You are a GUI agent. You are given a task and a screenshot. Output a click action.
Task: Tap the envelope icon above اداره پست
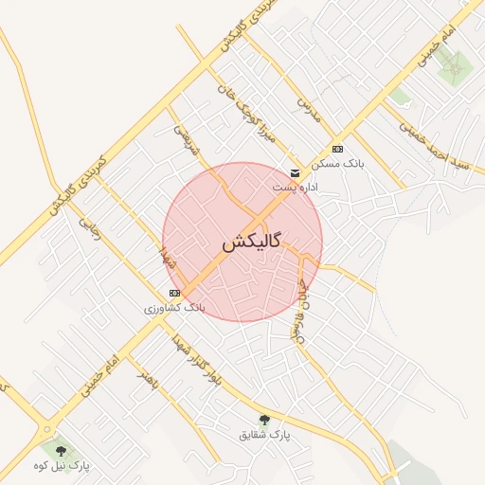click(x=296, y=172)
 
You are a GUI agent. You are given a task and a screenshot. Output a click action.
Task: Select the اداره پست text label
click(x=296, y=188)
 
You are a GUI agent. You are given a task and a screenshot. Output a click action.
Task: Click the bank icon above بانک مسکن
click(x=337, y=150)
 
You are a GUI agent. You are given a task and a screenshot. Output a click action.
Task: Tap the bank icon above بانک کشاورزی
click(x=174, y=293)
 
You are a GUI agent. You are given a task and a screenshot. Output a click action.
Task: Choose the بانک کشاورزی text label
click(x=174, y=308)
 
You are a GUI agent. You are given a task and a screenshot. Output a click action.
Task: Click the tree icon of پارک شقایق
click(x=263, y=420)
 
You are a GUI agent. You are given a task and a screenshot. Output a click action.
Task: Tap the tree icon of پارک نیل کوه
click(x=62, y=451)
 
